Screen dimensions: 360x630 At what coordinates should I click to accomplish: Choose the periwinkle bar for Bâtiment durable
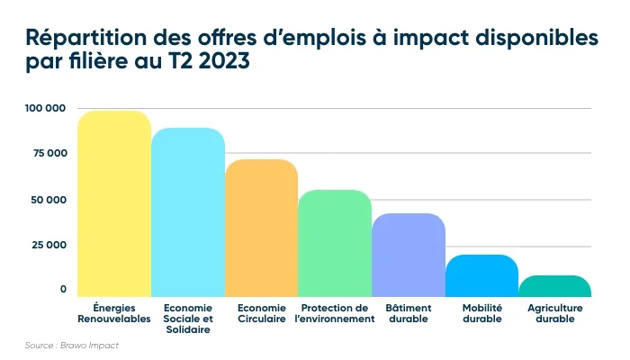409,256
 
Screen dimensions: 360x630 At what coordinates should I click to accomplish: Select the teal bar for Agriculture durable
555,287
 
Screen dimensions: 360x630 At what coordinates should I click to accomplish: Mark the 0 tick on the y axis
63,290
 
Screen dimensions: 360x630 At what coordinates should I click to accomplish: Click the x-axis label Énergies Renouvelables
114,313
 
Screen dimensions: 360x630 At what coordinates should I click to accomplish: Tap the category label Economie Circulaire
261,313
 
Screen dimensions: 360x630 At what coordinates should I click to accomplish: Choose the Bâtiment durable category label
409,313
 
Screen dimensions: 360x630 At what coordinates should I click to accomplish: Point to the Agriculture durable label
555,313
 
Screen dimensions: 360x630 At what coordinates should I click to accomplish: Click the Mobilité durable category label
481,313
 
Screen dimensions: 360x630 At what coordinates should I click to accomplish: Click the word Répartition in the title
81,40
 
